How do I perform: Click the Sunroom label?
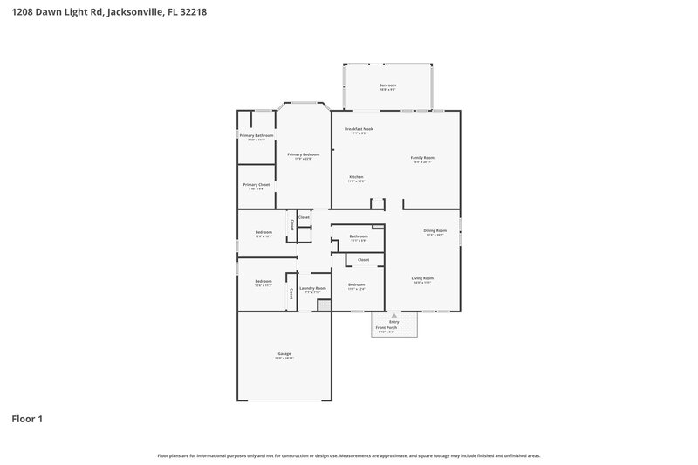388,85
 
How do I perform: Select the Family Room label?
422,158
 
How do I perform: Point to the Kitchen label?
356,177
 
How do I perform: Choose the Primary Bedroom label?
304,154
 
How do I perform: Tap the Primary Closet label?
257,185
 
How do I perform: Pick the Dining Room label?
435,231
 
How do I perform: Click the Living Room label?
422,278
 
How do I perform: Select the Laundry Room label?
312,288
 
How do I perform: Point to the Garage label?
284,353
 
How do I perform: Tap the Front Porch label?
385,327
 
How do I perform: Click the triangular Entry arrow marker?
393,315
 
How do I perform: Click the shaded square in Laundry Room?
324,305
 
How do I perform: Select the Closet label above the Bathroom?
304,217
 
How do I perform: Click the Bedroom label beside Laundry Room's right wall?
356,284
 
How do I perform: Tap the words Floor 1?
27,420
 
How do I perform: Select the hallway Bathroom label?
359,236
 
